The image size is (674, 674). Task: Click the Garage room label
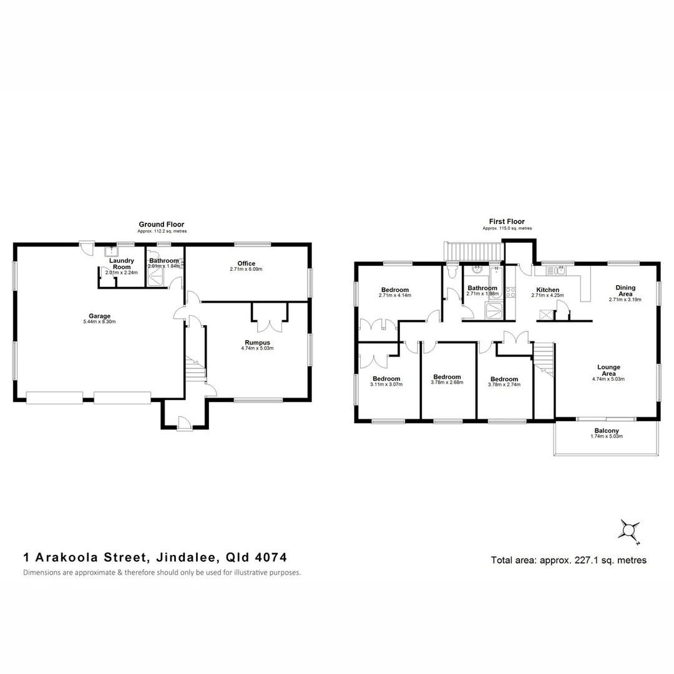coord(91,316)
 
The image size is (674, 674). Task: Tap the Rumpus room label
coord(257,342)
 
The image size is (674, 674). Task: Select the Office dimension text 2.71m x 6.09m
coord(246,270)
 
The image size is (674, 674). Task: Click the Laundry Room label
coord(121,263)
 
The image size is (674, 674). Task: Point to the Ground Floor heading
coord(161,225)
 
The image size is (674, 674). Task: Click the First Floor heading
coord(507,222)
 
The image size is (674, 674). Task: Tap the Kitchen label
coord(547,290)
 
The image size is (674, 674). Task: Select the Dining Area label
coord(625,290)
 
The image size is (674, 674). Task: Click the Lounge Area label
coord(608,370)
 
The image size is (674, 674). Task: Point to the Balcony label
coord(607,431)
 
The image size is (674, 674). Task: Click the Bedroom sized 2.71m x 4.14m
coord(395,290)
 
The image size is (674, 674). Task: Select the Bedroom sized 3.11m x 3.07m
coord(386,379)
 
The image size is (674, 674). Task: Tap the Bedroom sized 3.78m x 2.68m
coord(447,377)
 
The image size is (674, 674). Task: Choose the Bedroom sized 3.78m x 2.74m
coord(504,379)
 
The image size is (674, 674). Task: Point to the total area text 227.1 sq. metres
coord(569,560)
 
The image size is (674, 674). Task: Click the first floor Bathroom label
coord(482,288)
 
